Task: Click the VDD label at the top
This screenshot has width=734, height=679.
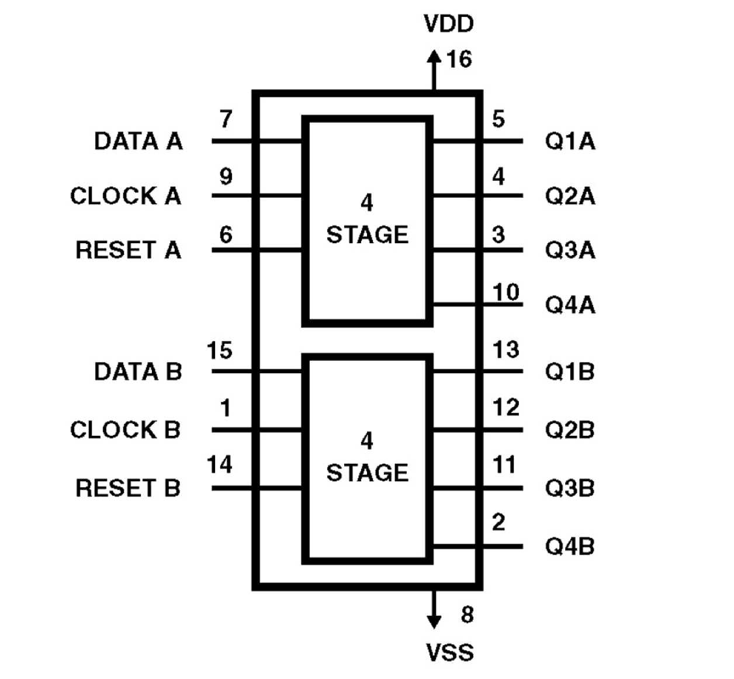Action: point(448,24)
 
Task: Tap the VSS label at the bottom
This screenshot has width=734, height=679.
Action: point(449,652)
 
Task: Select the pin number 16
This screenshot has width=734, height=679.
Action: point(459,59)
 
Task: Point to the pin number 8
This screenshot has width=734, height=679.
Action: point(467,615)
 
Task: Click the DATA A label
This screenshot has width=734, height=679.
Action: point(138,142)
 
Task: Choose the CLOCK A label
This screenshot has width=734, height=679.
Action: point(125,196)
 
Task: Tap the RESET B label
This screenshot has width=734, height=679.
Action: point(127,488)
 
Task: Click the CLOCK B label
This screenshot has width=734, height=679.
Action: point(125,430)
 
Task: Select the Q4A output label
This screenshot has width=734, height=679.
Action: point(570,305)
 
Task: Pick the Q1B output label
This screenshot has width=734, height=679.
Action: point(570,371)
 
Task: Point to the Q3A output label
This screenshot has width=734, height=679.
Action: point(570,250)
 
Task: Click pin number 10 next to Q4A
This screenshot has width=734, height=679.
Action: point(506,292)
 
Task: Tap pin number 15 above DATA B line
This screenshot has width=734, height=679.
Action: point(220,351)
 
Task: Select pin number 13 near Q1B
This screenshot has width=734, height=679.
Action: point(506,350)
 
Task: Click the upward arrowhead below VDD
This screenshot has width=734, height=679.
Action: point(434,57)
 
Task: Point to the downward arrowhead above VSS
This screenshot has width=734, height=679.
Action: point(434,621)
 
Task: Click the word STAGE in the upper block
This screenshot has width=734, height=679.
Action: point(367,235)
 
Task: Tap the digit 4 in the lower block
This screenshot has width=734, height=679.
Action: point(366,440)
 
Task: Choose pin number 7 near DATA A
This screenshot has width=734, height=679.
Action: point(226,119)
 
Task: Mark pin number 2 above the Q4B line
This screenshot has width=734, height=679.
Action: point(498,522)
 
